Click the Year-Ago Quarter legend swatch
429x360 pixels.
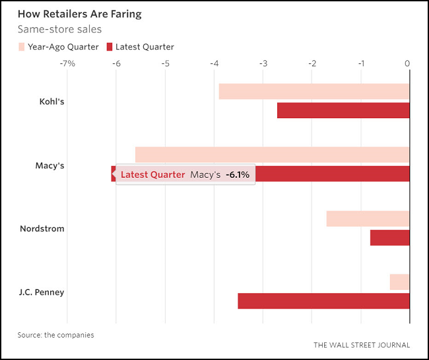tap(21, 47)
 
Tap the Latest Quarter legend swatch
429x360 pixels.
tap(110, 47)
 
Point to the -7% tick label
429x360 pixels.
tap(67, 63)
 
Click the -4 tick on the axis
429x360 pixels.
tap(214, 63)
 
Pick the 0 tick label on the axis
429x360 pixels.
tap(407, 63)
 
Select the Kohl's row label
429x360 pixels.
tap(51, 102)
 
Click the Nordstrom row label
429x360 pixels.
tap(42, 229)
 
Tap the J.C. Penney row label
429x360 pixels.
tap(42, 292)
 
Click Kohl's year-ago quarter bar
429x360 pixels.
tap(314, 92)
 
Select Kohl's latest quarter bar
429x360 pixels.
tap(343, 110)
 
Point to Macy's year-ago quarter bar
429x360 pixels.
tap(272, 155)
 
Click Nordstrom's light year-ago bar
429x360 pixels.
tap(368, 219)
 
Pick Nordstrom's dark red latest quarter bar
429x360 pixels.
tap(389, 237)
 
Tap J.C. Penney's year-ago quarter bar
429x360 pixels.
tap(399, 282)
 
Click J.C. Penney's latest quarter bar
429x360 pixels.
tap(323, 301)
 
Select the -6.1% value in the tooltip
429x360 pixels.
tap(238, 174)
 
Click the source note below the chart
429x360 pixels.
tap(55, 335)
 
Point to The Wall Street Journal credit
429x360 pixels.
tap(361, 345)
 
